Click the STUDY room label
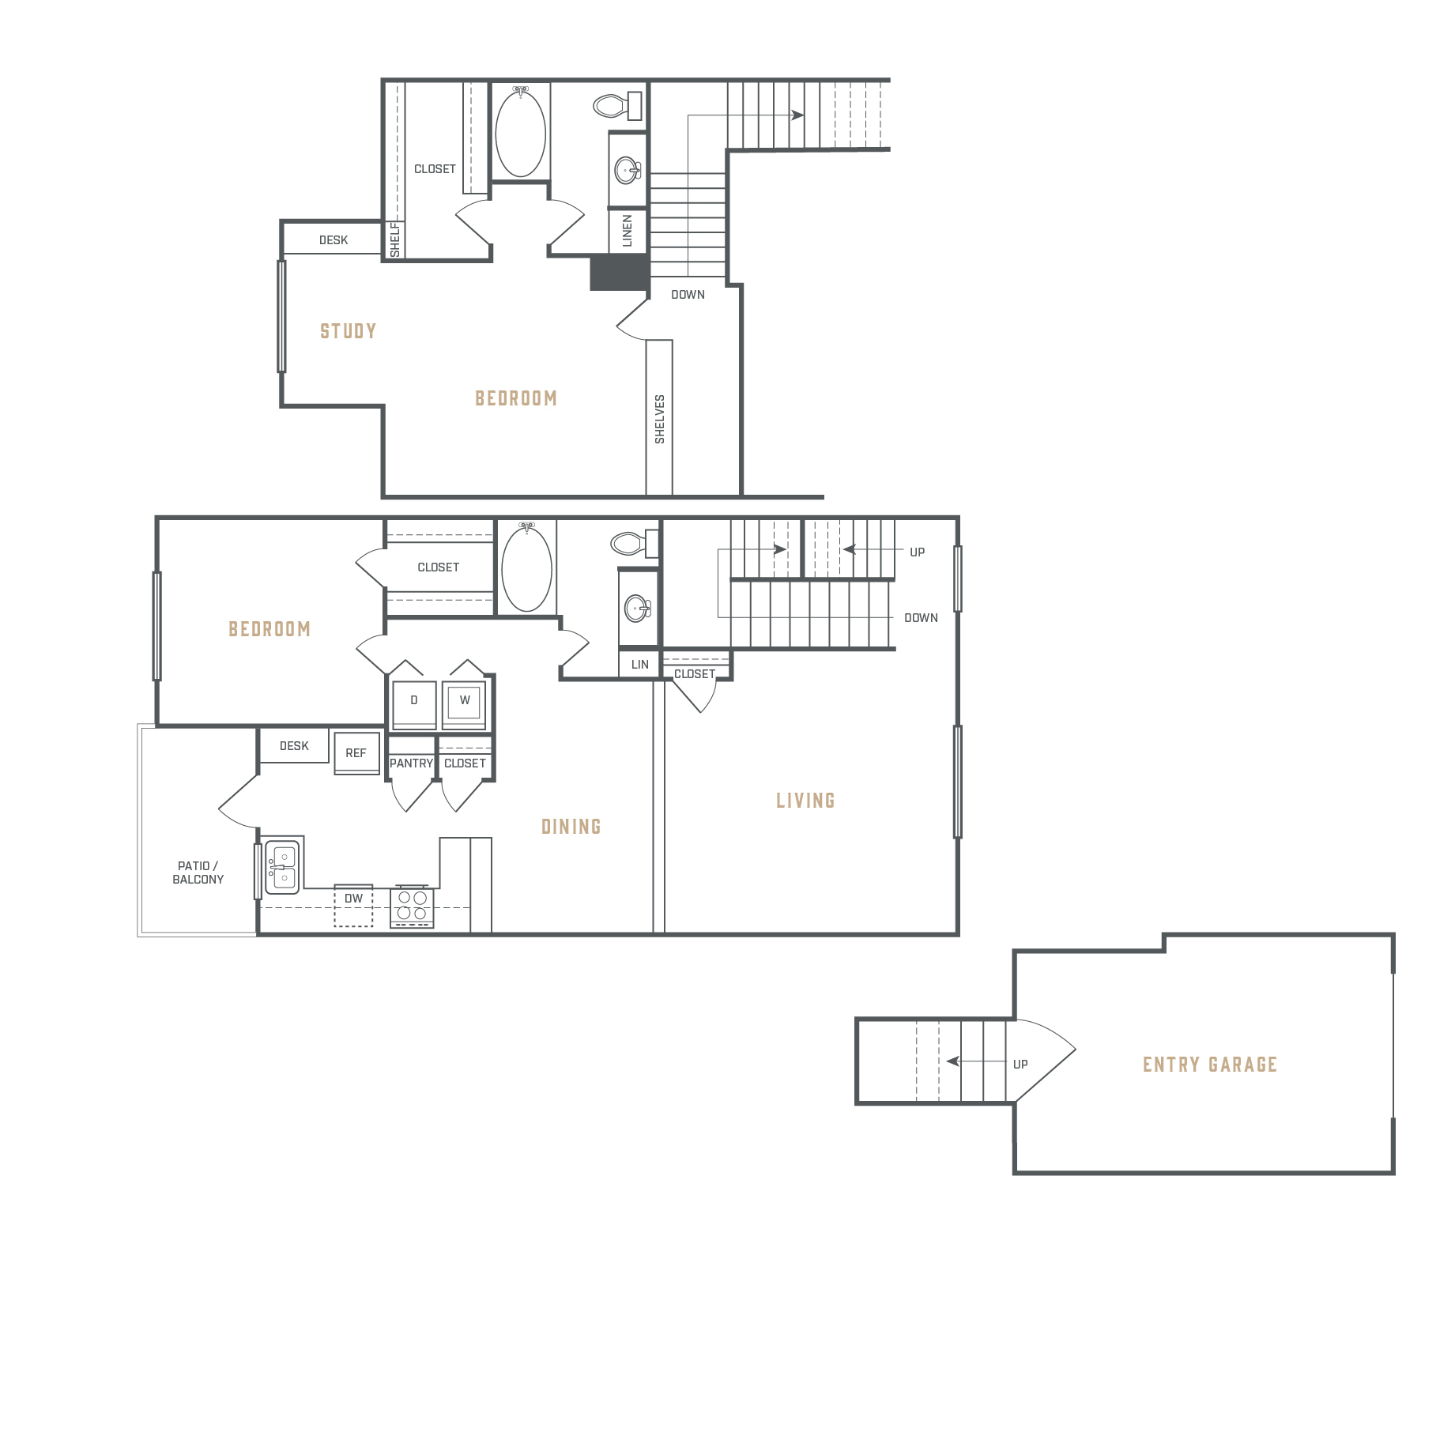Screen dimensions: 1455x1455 click(348, 331)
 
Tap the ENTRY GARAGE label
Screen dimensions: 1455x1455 click(1210, 1065)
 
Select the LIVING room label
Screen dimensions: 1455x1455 click(805, 801)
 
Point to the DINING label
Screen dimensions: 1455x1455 click(571, 827)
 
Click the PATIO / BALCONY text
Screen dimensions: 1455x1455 click(198, 873)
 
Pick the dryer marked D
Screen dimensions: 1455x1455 click(414, 704)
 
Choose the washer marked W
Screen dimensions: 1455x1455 click(464, 704)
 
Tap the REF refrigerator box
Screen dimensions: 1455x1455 click(356, 753)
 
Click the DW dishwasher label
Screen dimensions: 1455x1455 click(353, 899)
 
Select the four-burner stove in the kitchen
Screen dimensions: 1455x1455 click(412, 906)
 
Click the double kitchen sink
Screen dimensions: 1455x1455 click(283, 867)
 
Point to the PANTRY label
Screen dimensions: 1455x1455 click(411, 763)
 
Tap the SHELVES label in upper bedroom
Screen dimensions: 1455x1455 click(660, 419)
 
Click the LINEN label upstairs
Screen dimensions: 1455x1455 click(628, 231)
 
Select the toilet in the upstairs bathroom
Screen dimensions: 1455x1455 click(617, 105)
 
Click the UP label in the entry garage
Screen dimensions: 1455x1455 click(1020, 1065)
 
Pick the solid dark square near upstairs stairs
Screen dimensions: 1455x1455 click(620, 273)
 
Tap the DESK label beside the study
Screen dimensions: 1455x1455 click(334, 240)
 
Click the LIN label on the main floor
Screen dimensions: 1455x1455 click(640, 665)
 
